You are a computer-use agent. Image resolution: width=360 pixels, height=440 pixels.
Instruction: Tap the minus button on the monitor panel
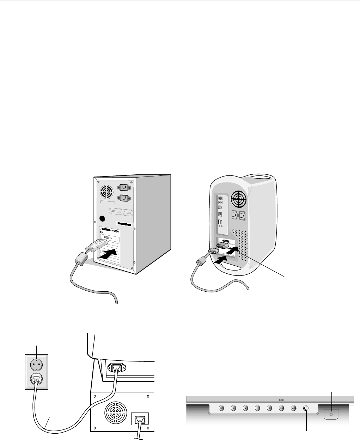click(x=258, y=409)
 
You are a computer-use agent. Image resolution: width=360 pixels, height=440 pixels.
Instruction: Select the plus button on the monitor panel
click(x=270, y=409)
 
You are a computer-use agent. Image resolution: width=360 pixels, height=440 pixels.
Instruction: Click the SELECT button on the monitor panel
click(x=282, y=409)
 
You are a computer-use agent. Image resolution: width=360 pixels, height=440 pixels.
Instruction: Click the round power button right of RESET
click(x=306, y=409)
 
